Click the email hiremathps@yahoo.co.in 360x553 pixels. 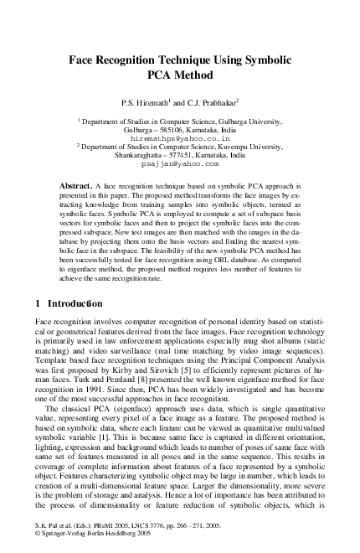tap(178, 138)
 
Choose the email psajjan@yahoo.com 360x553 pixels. tap(178, 165)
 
